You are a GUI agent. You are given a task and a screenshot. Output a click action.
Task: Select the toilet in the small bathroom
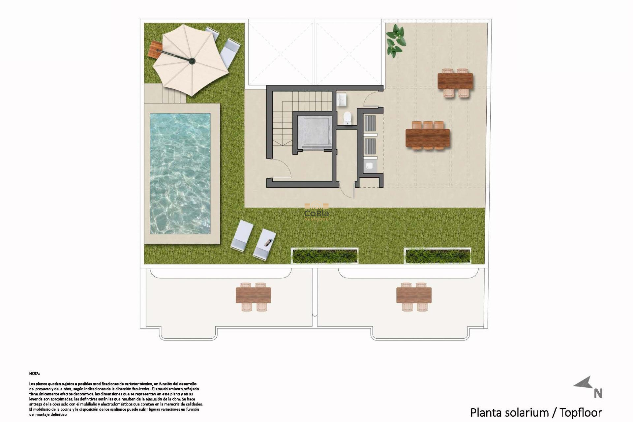pyautogui.click(x=347, y=118)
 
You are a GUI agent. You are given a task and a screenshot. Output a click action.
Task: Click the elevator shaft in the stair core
pyautogui.click(x=314, y=132)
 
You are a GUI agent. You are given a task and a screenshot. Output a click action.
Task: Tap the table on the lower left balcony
pyautogui.click(x=253, y=295)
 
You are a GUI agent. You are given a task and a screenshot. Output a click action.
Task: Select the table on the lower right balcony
pyautogui.click(x=414, y=295)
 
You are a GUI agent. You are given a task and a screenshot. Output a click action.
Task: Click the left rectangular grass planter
pyautogui.click(x=325, y=256)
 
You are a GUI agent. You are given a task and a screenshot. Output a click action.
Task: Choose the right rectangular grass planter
pyautogui.click(x=437, y=256)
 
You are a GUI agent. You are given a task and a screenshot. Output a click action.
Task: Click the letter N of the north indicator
pyautogui.click(x=598, y=393)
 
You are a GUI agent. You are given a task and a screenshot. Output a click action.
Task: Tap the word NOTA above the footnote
pyautogui.click(x=34, y=374)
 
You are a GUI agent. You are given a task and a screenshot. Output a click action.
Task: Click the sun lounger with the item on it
pyautogui.click(x=265, y=243)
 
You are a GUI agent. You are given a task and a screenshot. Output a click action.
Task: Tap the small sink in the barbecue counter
pyautogui.click(x=369, y=165)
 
